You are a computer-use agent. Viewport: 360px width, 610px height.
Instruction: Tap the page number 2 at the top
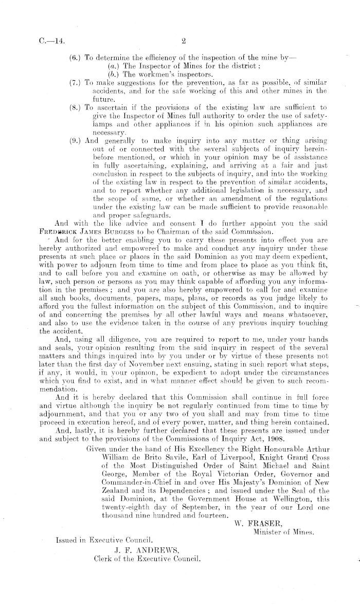(x=183, y=38)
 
